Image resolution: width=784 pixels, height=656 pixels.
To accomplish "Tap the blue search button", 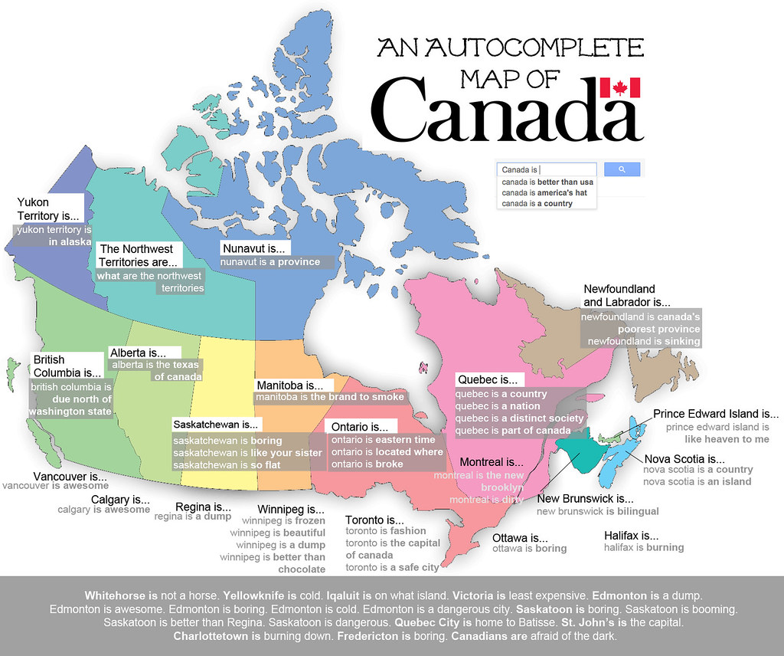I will point(622,169).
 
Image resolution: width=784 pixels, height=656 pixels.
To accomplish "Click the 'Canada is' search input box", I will point(546,169).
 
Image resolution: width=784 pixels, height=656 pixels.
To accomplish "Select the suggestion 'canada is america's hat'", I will point(544,193).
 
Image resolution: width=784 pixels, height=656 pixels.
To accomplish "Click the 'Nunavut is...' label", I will point(253,248).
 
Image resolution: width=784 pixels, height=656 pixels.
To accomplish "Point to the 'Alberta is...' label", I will point(136,353).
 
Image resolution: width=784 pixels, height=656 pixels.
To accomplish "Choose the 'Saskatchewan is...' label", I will point(217,424).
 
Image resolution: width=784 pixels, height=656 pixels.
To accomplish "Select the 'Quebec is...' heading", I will point(487,379).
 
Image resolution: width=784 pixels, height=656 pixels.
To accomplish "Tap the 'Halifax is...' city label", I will point(631,535).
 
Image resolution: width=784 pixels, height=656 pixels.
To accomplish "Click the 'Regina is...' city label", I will point(204,507).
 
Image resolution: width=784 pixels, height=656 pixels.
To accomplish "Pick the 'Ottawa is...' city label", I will point(520,537).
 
